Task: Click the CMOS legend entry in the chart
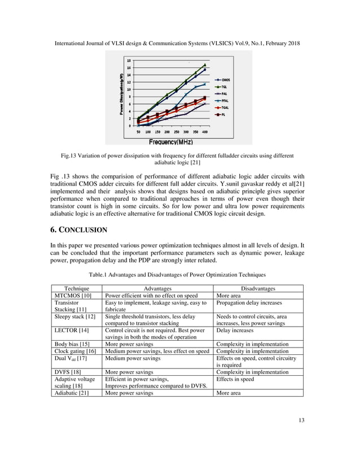pyautogui.click(x=225, y=80)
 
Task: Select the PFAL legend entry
pyautogui.click(x=225, y=100)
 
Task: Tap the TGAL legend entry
pyautogui.click(x=225, y=107)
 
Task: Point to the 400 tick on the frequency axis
pyautogui.click(x=205, y=131)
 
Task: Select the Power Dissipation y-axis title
pyautogui.click(x=121, y=94)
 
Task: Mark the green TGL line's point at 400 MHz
pyautogui.click(x=204, y=65)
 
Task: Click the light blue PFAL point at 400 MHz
pyautogui.click(x=204, y=85)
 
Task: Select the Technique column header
pyautogui.click(x=77, y=288)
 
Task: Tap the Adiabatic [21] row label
pyautogui.click(x=71, y=393)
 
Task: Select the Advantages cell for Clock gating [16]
pyautogui.click(x=157, y=351)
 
